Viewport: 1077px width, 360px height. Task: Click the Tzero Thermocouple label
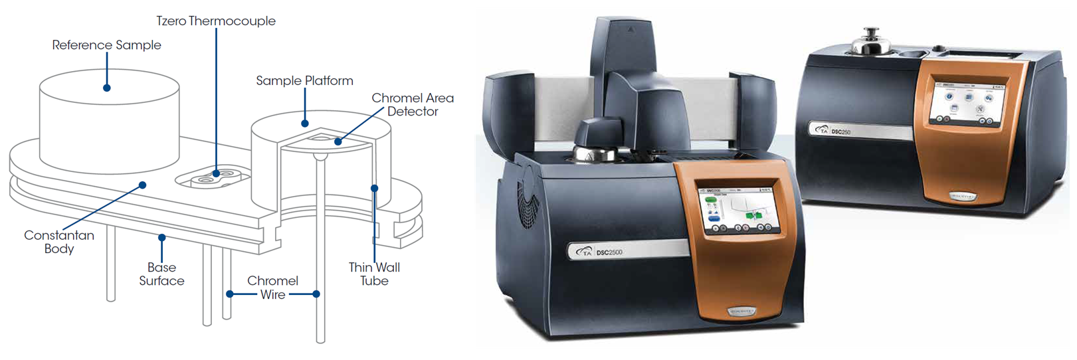click(x=216, y=21)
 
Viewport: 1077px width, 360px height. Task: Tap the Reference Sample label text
click(x=106, y=45)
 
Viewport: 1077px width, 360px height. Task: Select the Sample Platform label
click(x=304, y=80)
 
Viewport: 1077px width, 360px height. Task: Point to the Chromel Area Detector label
click(x=413, y=105)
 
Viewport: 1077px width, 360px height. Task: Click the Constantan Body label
click(x=59, y=242)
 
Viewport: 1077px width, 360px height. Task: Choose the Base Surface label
click(x=161, y=274)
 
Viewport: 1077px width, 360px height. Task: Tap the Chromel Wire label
click(x=272, y=288)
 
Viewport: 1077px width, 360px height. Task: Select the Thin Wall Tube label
click(x=374, y=274)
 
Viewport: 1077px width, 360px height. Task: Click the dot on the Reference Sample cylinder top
click(x=106, y=88)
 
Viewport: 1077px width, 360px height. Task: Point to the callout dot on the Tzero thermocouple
click(x=216, y=174)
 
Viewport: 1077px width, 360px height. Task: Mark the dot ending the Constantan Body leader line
click(x=142, y=185)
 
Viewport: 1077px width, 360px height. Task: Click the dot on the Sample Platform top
click(x=305, y=124)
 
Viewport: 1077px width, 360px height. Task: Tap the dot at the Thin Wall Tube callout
click(x=374, y=189)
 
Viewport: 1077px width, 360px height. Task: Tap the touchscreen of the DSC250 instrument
click(x=967, y=104)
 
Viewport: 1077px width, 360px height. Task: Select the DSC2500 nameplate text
click(x=609, y=252)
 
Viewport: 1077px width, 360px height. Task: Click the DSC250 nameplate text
click(x=840, y=132)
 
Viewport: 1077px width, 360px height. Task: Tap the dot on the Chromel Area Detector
click(x=338, y=141)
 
